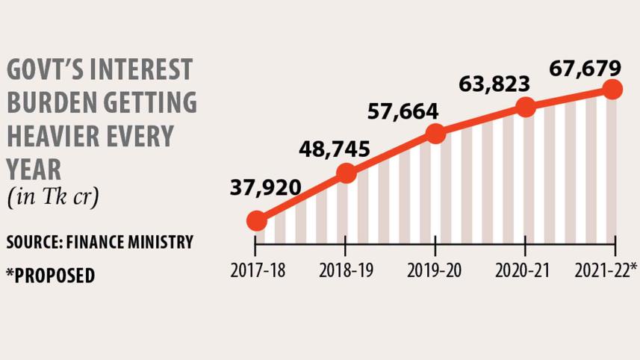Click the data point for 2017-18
point(256,221)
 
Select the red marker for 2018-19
point(346,173)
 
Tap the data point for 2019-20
point(435,134)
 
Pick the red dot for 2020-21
point(526,107)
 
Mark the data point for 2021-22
point(613,89)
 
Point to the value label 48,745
point(334,149)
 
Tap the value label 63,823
point(496,83)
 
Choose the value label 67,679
point(585,69)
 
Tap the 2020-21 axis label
point(526,270)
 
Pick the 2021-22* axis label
point(605,270)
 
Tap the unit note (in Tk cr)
point(53,199)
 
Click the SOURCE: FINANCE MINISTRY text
point(99,243)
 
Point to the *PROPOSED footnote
point(50,275)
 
